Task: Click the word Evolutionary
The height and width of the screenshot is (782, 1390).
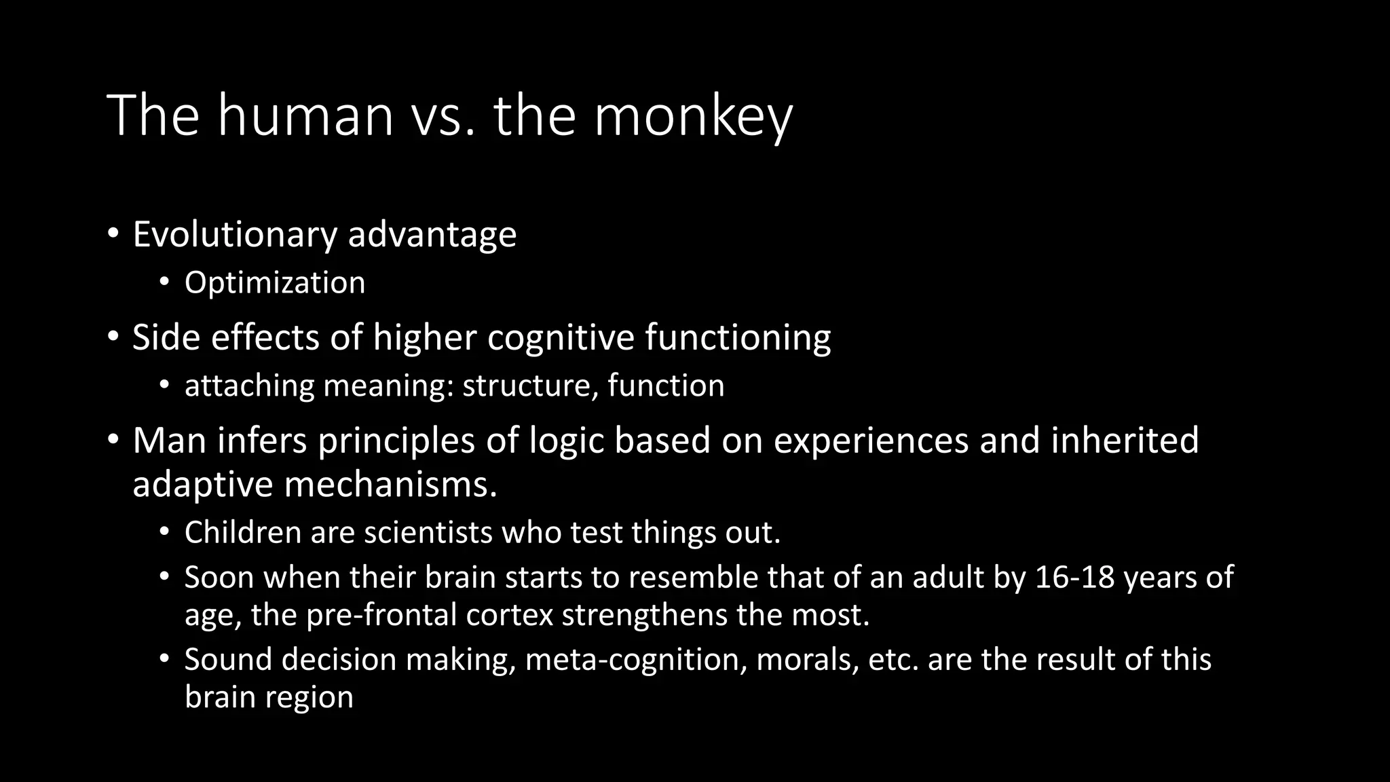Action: [x=234, y=235]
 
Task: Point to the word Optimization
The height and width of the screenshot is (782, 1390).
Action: [x=275, y=283]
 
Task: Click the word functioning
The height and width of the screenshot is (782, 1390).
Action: [x=738, y=339]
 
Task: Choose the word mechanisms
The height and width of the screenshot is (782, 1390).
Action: [x=391, y=485]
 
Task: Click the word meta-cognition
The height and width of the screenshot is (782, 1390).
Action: [x=636, y=660]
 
